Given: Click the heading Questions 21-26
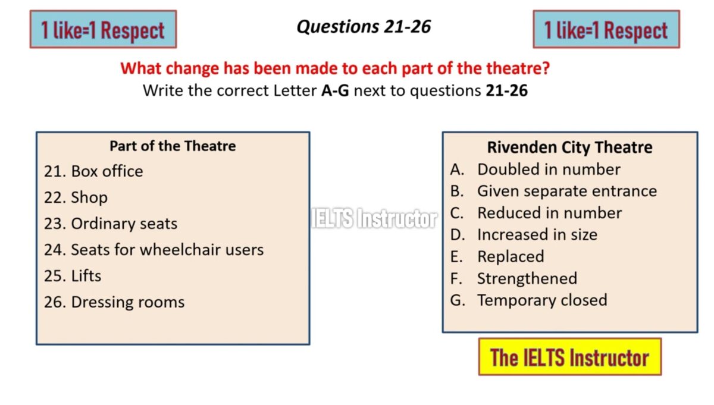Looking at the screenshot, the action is (x=364, y=26).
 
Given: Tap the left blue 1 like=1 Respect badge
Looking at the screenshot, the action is (x=104, y=29).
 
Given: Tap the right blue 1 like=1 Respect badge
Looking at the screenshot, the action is (x=606, y=29).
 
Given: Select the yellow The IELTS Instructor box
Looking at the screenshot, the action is (x=570, y=357).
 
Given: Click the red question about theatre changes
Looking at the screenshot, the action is (x=336, y=68).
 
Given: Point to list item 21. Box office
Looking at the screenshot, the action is (x=93, y=171).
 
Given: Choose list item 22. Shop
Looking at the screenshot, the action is (x=76, y=197).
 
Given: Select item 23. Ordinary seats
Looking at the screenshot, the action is (x=111, y=224).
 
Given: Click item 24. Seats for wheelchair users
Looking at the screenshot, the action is (x=154, y=250).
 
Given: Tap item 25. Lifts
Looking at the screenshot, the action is (x=73, y=275).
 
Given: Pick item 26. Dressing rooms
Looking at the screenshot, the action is (x=114, y=302).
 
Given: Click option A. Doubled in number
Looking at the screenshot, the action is (x=535, y=169).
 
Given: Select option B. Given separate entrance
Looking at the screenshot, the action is (x=553, y=191).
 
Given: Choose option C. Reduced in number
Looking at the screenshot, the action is (x=536, y=213).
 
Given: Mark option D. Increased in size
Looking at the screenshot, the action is (x=524, y=234).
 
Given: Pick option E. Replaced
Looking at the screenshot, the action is (x=497, y=256).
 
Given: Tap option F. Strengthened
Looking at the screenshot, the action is (x=513, y=278).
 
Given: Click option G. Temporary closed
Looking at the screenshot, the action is (x=528, y=300).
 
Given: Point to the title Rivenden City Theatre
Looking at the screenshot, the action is (x=570, y=147).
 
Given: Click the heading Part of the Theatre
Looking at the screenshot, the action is (x=173, y=146).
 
